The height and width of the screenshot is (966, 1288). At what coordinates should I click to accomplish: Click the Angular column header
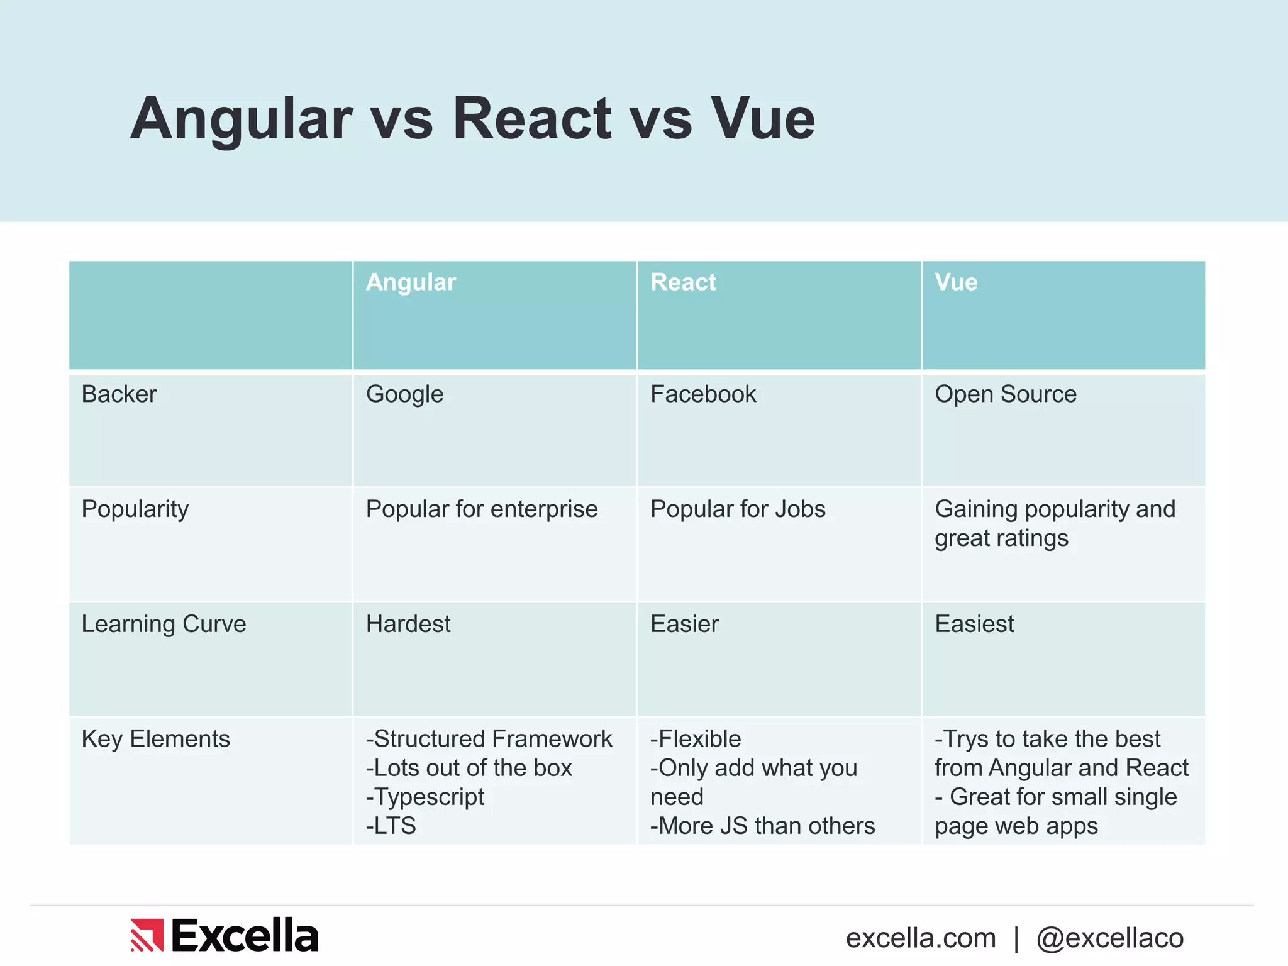point(411,282)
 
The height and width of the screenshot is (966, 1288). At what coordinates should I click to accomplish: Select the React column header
point(683,282)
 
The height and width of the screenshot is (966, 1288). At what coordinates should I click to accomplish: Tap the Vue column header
point(956,282)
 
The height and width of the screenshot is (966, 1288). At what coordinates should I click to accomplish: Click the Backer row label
point(119,394)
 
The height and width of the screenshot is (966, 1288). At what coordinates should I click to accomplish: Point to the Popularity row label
point(135,509)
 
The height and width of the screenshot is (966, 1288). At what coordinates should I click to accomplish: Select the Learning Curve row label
point(164,624)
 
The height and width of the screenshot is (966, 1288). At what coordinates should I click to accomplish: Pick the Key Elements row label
point(155,739)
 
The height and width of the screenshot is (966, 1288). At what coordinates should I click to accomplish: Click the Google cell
point(404,394)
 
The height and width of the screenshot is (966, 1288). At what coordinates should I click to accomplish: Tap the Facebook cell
point(703,394)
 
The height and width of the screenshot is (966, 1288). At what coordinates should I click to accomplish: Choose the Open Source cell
point(1006,394)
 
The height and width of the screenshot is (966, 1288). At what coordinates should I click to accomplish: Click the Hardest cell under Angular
point(408,624)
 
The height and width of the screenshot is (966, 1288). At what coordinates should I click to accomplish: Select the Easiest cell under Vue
point(974,624)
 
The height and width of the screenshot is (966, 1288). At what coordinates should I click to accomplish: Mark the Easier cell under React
point(684,624)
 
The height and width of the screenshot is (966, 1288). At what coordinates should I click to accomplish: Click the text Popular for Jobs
point(738,509)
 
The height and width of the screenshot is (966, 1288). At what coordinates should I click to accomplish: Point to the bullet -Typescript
point(425,797)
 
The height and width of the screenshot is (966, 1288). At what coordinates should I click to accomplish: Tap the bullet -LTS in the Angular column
point(391,826)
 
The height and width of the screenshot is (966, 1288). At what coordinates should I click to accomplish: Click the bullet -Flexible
point(696,739)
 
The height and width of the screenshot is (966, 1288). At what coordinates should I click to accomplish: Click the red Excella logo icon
point(147,935)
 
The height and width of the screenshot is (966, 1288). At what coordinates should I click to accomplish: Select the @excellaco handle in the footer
point(1110,938)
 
